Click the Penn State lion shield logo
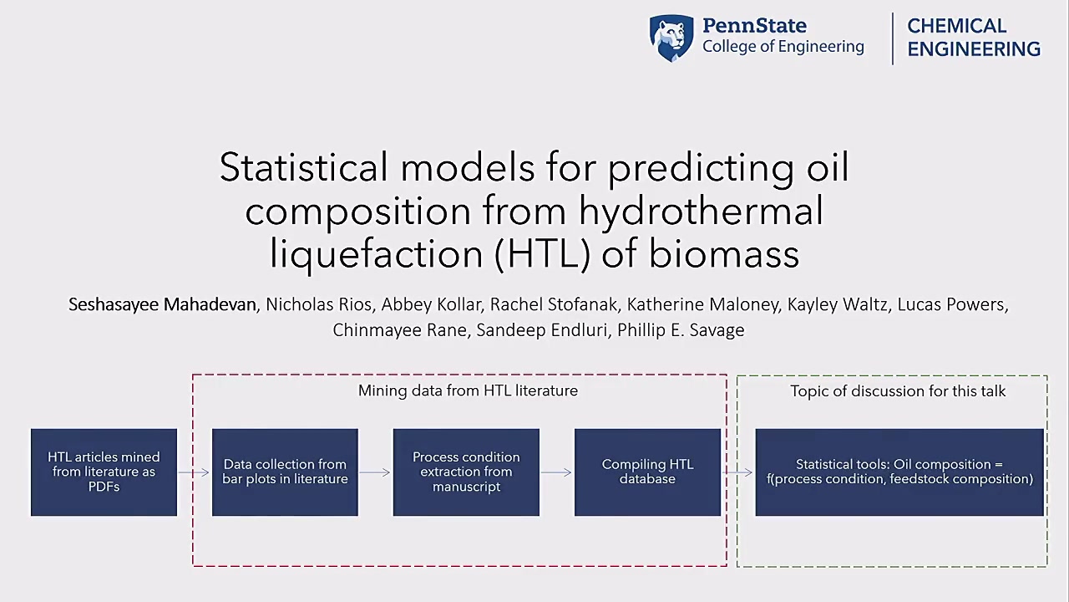point(671,38)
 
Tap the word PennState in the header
point(754,26)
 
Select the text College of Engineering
point(783,47)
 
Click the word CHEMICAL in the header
point(957,26)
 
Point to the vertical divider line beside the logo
point(893,38)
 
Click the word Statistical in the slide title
point(303,167)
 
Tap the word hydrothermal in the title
point(701,211)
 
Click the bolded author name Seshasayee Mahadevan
point(162,305)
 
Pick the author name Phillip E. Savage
point(681,330)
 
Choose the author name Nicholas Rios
point(318,304)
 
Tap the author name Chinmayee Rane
point(399,330)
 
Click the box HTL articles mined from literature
point(104,472)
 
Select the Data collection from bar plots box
point(285,472)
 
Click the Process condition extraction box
point(466,472)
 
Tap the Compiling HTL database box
point(647,472)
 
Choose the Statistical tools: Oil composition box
point(899,472)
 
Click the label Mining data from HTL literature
point(468,390)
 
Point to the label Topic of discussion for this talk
point(898,391)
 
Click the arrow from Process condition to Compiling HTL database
point(556,472)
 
